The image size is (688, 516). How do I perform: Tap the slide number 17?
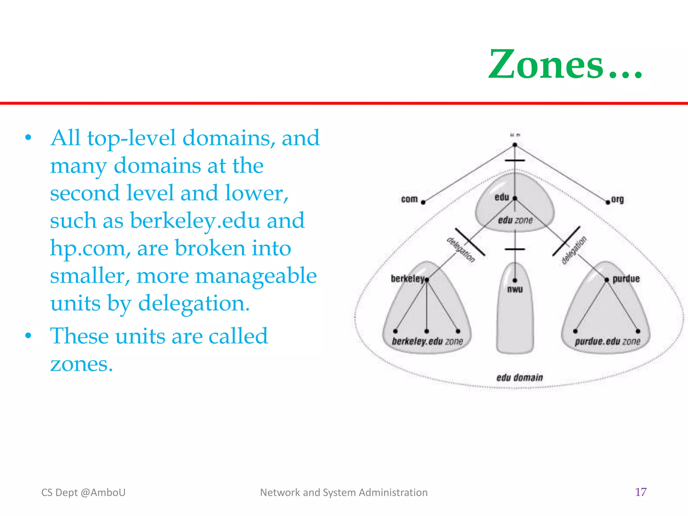pyautogui.click(x=641, y=492)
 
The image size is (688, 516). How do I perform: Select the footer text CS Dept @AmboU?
pyautogui.click(x=83, y=492)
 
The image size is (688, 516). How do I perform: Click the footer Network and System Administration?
pyautogui.click(x=344, y=492)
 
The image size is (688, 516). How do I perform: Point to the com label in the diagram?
pyautogui.click(x=409, y=199)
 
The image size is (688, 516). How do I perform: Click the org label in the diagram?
pyautogui.click(x=617, y=199)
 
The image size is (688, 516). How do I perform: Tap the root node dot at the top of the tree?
pyautogui.click(x=515, y=145)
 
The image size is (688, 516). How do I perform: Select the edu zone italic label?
pyautogui.click(x=515, y=220)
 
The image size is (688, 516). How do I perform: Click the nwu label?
pyautogui.click(x=515, y=289)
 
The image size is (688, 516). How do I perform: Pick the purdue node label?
pyautogui.click(x=626, y=279)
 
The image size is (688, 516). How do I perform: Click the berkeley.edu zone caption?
pyautogui.click(x=427, y=342)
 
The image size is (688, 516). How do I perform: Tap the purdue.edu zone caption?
pyautogui.click(x=607, y=342)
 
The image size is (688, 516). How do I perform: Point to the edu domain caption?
pyautogui.click(x=519, y=378)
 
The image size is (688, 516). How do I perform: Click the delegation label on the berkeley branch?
pyautogui.click(x=461, y=250)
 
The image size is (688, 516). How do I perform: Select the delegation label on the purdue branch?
pyautogui.click(x=574, y=250)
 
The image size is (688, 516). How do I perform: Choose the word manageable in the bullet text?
pyautogui.click(x=256, y=276)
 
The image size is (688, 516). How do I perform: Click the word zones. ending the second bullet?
pyautogui.click(x=81, y=364)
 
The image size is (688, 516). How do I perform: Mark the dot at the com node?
pyautogui.click(x=423, y=202)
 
